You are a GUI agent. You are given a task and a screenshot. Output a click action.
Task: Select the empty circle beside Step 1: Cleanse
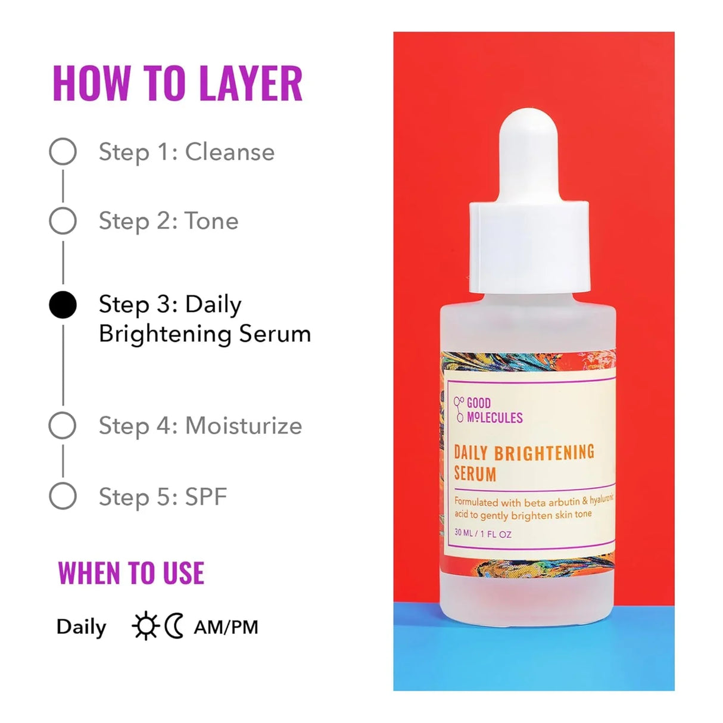pyautogui.click(x=63, y=152)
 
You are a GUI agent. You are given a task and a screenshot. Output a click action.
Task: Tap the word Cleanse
pyautogui.click(x=230, y=152)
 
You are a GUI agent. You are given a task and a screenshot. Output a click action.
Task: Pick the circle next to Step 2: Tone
pyautogui.click(x=63, y=221)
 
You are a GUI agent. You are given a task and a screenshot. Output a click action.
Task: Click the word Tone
pyautogui.click(x=211, y=222)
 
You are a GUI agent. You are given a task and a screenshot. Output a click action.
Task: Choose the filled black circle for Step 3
pyautogui.click(x=63, y=306)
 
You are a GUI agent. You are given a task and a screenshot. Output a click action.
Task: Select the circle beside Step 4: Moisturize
pyautogui.click(x=63, y=426)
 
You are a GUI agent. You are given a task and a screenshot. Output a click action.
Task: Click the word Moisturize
pyautogui.click(x=244, y=426)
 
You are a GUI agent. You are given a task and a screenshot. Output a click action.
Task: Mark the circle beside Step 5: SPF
pyautogui.click(x=63, y=496)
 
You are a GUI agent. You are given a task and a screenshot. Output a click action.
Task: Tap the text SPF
pyautogui.click(x=206, y=497)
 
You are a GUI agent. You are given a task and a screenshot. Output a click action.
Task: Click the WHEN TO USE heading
pyautogui.click(x=131, y=573)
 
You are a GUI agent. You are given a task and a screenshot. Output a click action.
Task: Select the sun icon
pyautogui.click(x=145, y=626)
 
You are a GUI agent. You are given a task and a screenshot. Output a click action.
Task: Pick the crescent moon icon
pyautogui.click(x=173, y=626)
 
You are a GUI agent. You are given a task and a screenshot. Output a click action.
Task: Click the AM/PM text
pyautogui.click(x=226, y=627)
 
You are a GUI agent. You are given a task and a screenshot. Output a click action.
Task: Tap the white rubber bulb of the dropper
pyautogui.click(x=528, y=155)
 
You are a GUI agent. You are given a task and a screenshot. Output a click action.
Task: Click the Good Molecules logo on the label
pyautogui.click(x=488, y=410)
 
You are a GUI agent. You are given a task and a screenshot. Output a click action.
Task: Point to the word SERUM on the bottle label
pyautogui.click(x=475, y=474)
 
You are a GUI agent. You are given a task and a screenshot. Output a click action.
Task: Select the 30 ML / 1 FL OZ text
pyautogui.click(x=483, y=533)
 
